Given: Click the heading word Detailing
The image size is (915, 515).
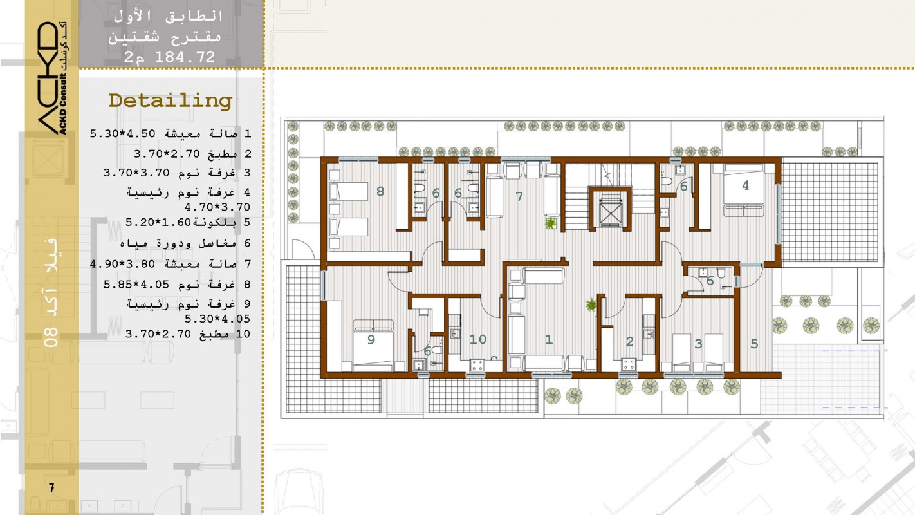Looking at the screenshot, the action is [x=171, y=101].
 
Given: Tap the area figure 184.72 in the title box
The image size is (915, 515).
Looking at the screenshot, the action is [x=185, y=57].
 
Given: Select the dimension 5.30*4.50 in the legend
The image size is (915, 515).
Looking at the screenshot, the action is [x=122, y=134].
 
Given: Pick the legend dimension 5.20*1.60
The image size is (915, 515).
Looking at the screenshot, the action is [x=158, y=222].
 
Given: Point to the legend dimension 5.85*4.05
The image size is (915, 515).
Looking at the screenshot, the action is [x=136, y=285].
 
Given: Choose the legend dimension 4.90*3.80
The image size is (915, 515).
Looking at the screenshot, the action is [x=122, y=264].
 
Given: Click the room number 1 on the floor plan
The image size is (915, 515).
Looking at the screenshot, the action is [x=549, y=339].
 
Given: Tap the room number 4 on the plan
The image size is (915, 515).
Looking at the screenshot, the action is [x=746, y=185].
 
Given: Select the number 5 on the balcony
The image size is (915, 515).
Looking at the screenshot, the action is [x=754, y=344].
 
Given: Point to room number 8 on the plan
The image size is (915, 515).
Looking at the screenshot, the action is [x=380, y=191].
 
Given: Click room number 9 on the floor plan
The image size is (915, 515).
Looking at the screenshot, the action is [x=371, y=340].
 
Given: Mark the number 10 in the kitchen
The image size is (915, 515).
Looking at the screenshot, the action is [x=477, y=339].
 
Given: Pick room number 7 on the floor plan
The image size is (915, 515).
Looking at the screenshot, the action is [x=519, y=196].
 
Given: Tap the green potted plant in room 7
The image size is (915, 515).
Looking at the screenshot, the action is [x=550, y=223].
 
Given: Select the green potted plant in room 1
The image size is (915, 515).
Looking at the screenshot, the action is [x=591, y=304].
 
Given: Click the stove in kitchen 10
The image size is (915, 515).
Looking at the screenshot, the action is [x=477, y=365].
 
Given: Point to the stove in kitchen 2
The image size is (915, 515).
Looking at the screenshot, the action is [x=629, y=364].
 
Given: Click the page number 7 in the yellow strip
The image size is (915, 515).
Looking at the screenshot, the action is [x=51, y=487].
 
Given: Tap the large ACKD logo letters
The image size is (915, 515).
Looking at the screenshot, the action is [x=48, y=78].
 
